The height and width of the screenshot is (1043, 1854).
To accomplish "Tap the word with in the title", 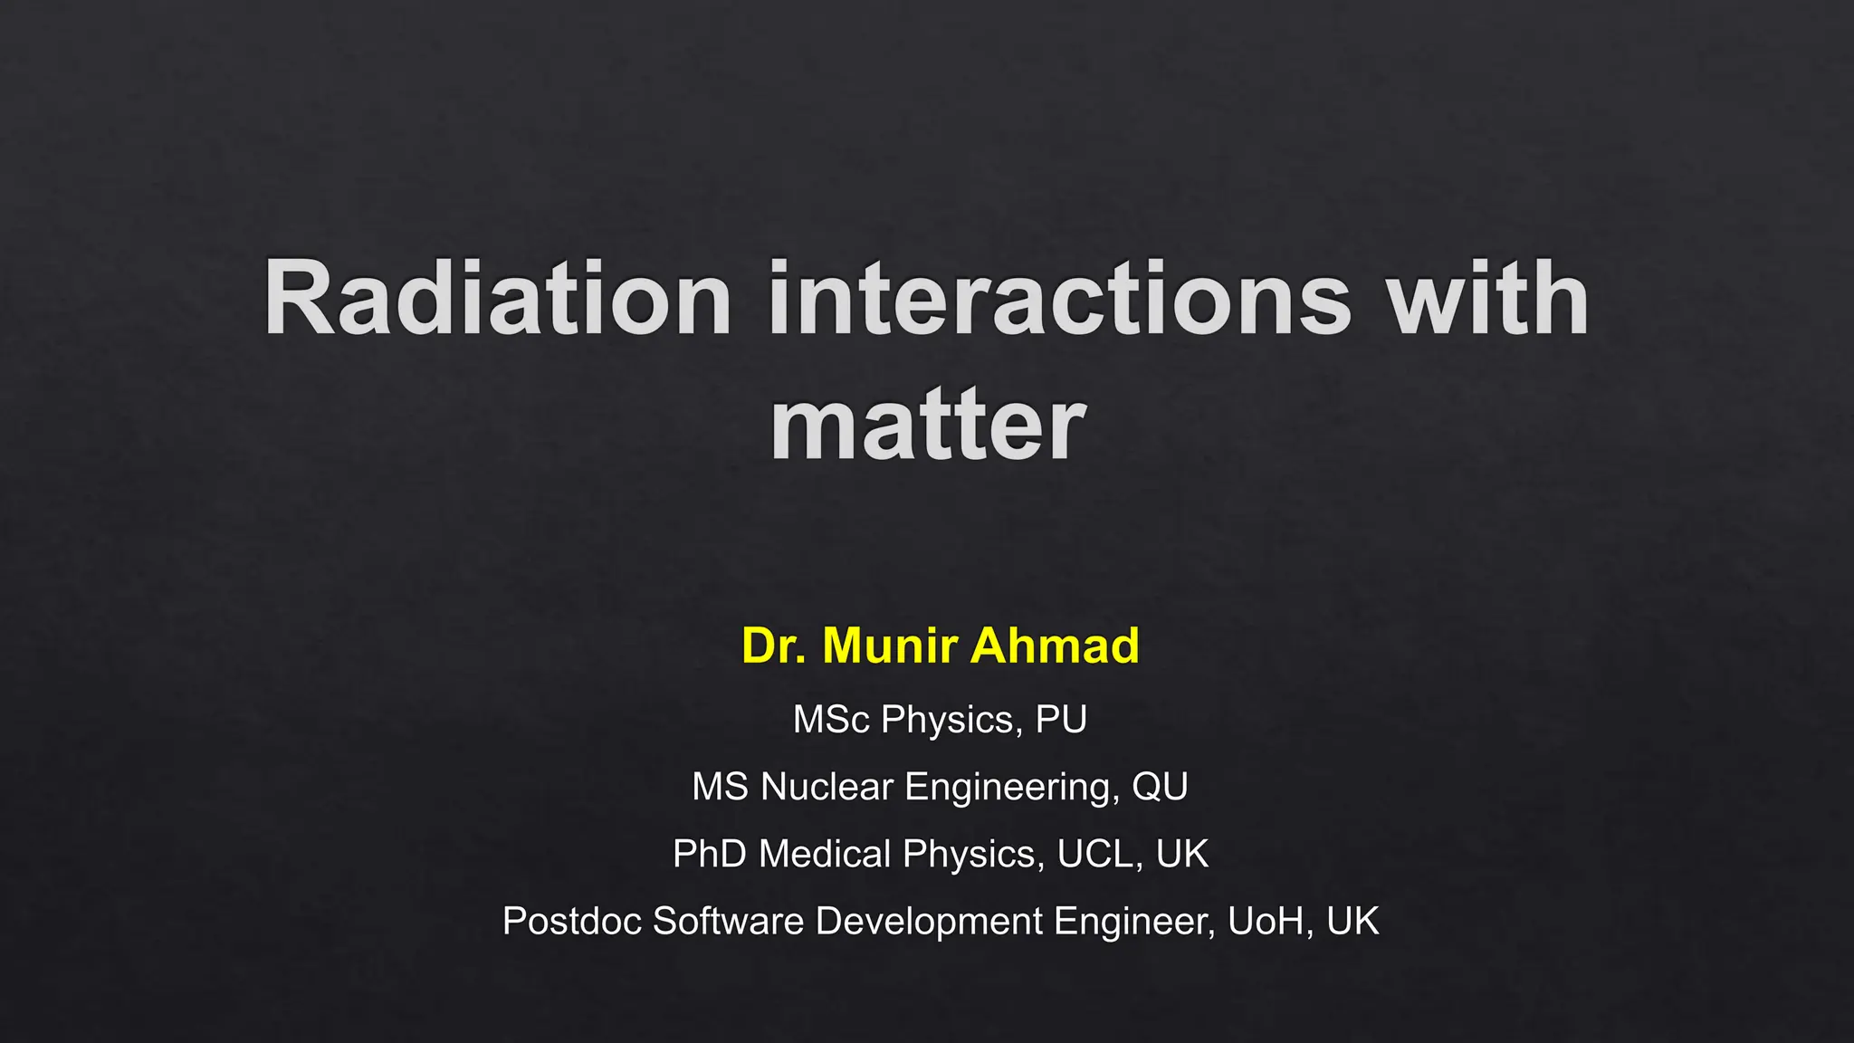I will pos(1488,299).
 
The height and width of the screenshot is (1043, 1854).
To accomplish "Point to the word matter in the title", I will pos(927,426).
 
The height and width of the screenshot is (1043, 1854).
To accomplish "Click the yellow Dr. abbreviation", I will pos(773,646).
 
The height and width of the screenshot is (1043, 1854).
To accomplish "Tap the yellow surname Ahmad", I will pos(1055,646).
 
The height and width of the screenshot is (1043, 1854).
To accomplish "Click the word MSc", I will pos(831,720).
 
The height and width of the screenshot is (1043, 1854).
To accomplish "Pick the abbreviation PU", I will pos(1060,720).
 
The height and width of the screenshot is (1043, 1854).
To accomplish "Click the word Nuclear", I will pos(827,787).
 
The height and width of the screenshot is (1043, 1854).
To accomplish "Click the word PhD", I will pos(709,854).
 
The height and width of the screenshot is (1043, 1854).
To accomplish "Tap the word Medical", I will pos(825,854).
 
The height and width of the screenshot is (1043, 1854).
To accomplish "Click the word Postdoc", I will pos(572,922).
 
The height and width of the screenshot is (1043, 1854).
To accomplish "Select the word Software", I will pos(728,922).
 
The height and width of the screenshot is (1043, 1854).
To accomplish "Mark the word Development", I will pos(929,922).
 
